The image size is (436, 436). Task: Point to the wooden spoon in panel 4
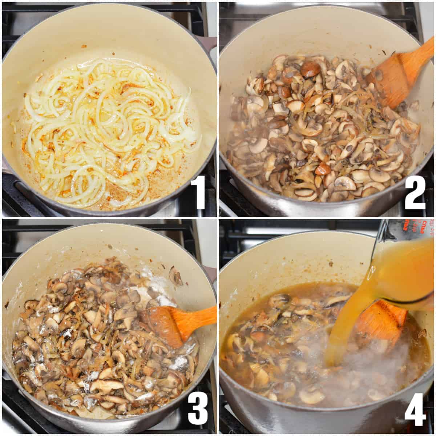381,320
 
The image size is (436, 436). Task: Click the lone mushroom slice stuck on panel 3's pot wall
175,276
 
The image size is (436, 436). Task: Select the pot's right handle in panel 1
209,44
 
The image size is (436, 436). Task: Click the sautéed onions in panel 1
109,127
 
